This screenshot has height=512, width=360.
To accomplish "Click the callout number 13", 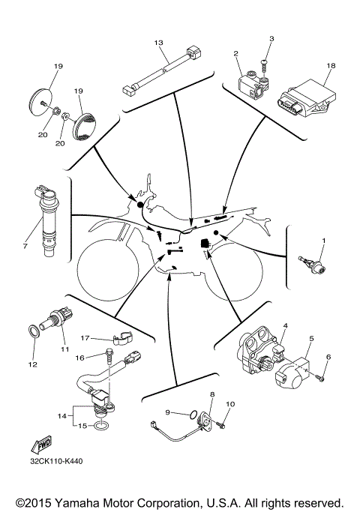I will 158,43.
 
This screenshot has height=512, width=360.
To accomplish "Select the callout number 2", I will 235,53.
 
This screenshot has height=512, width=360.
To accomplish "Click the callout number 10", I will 231,405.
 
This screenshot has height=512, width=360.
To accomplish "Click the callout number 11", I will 64,349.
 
